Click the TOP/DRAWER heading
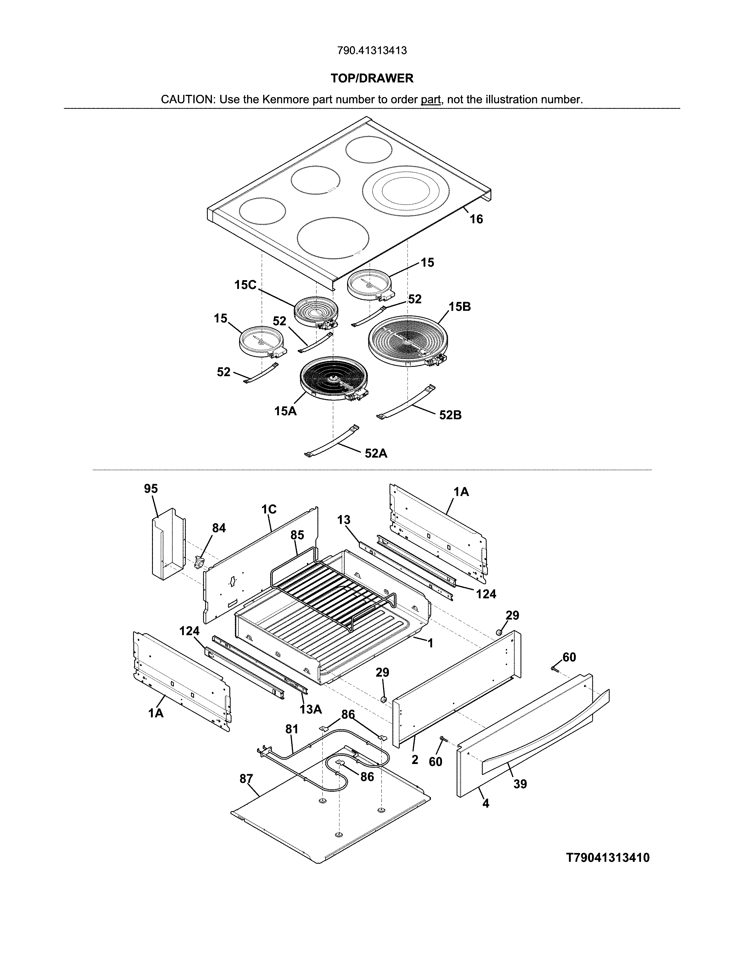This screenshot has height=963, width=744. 372,78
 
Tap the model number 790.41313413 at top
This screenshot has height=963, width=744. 372,51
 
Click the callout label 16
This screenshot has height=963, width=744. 476,219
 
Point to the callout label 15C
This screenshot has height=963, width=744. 245,285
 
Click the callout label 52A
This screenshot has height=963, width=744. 376,453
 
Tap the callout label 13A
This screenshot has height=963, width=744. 311,709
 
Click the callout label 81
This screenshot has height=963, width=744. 292,729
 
